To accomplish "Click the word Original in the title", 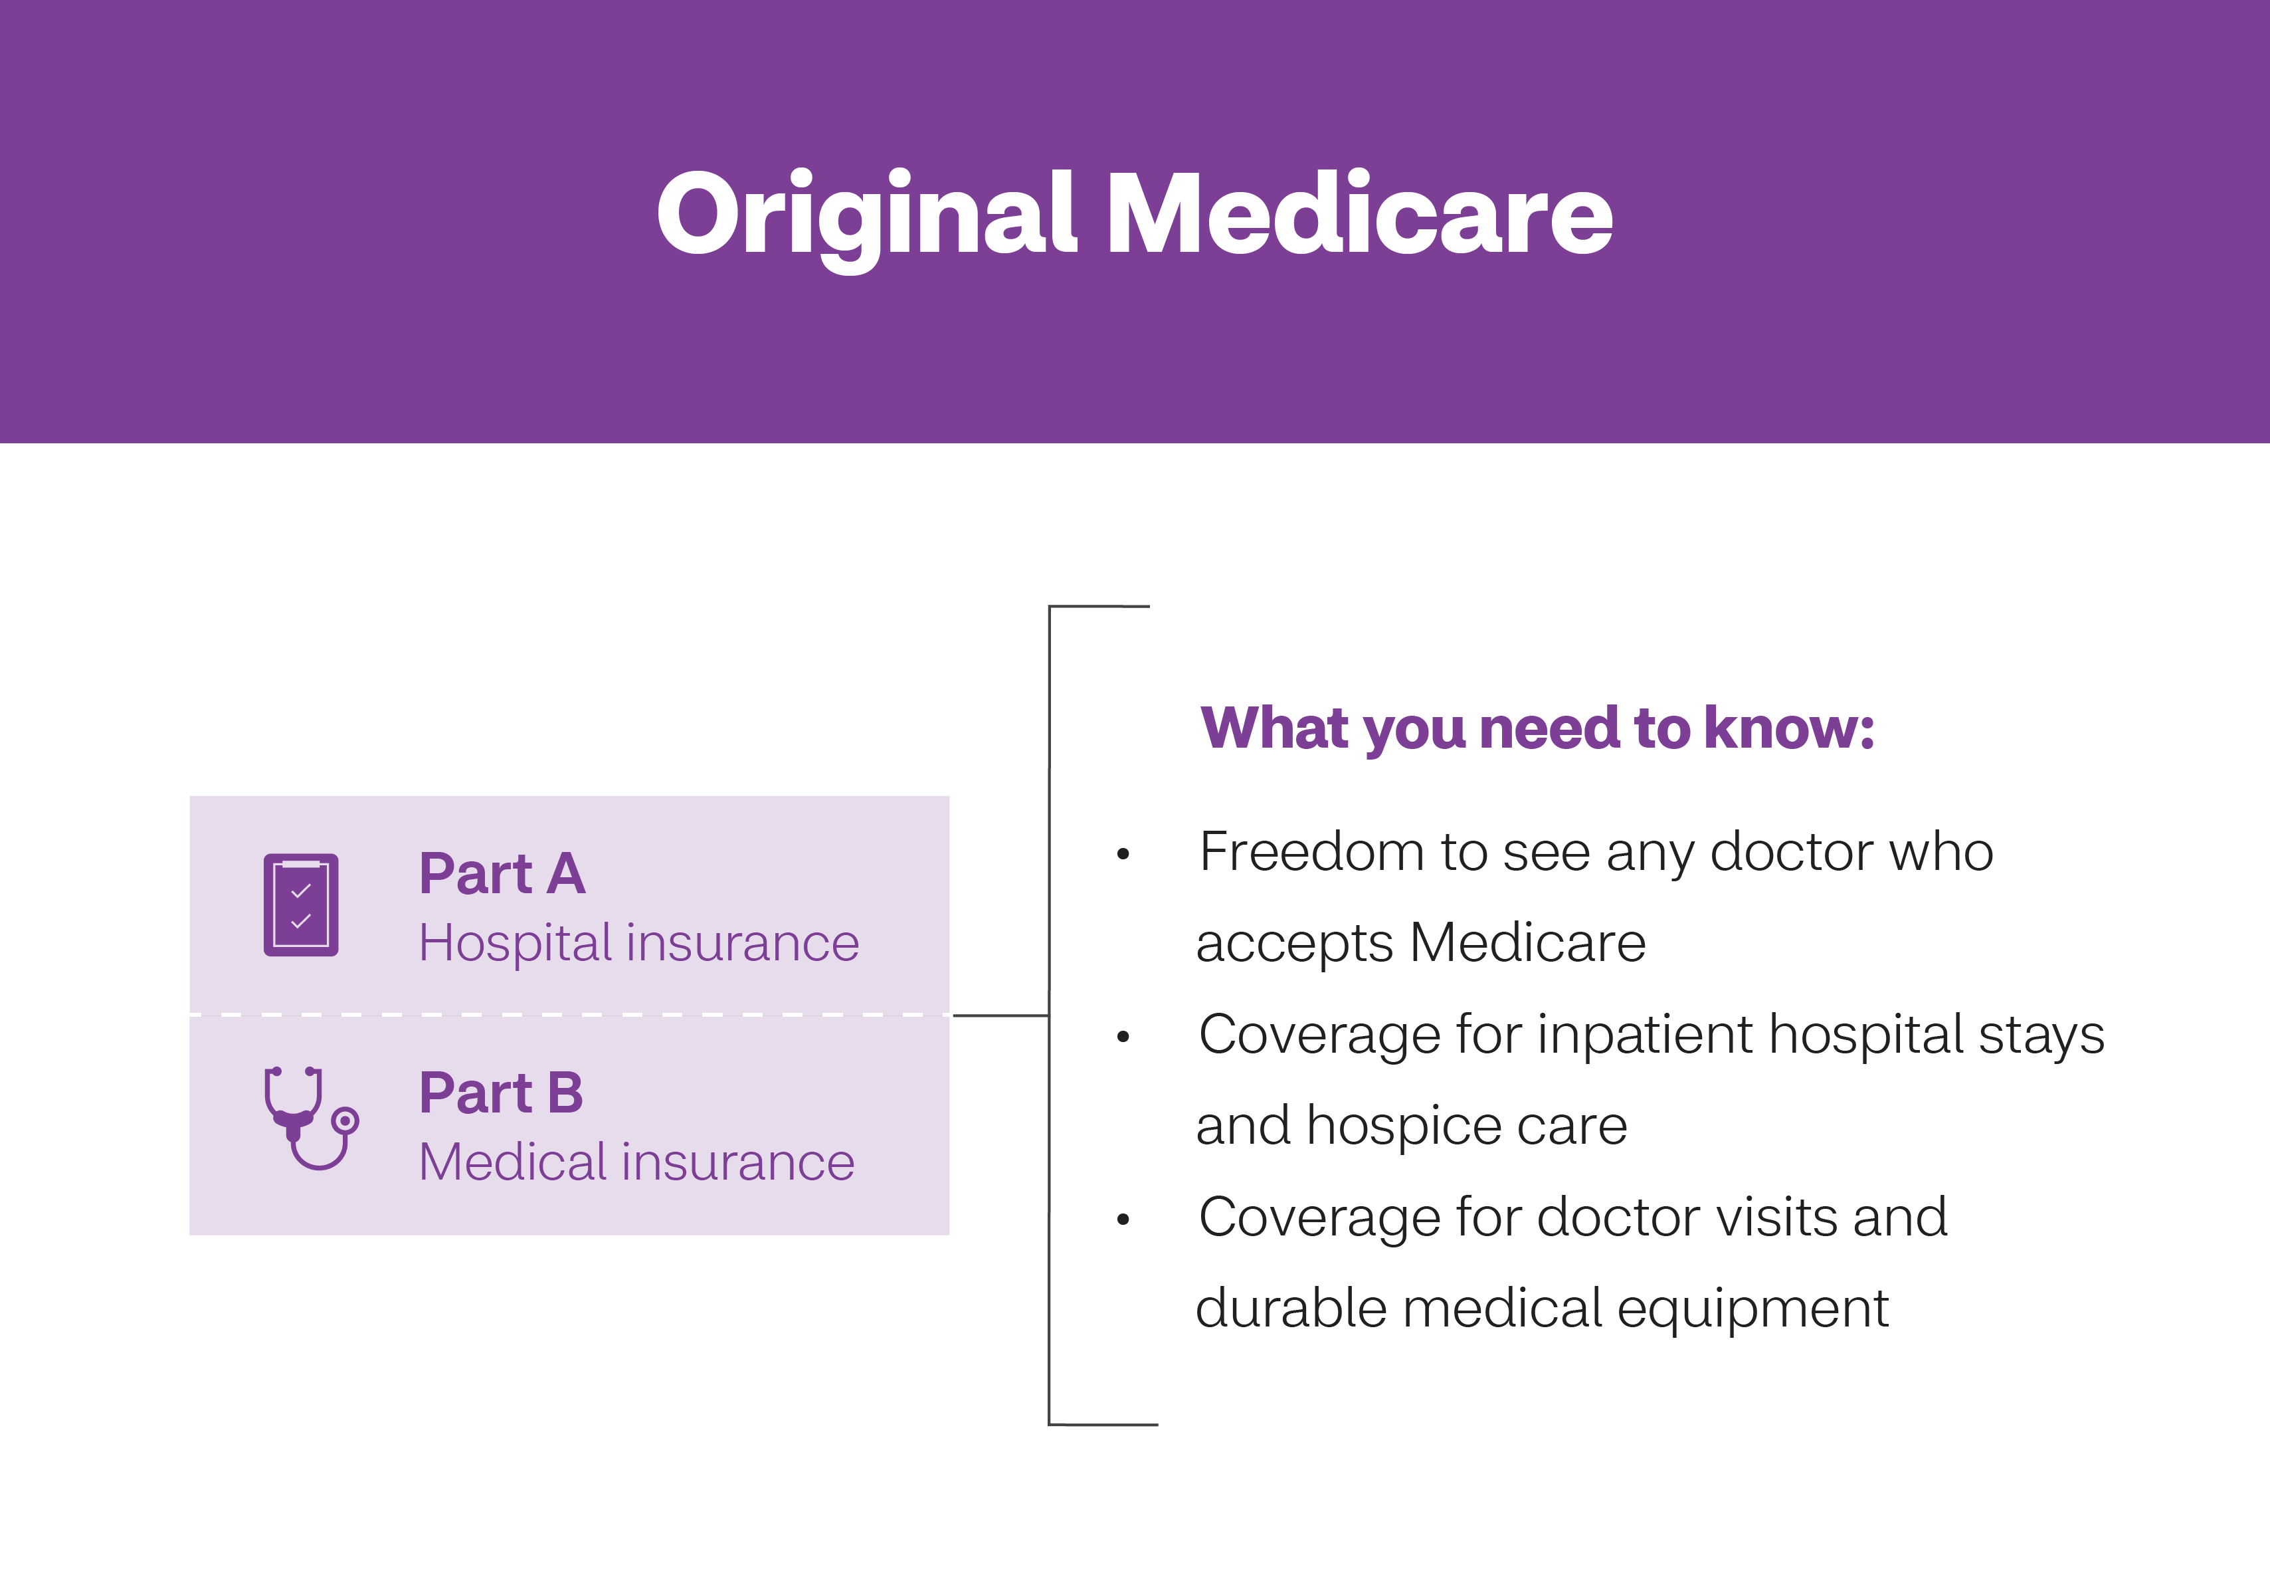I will pyautogui.click(x=865, y=213).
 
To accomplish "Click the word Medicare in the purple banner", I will pyautogui.click(x=1359, y=213).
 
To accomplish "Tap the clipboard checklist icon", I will pyautogui.click(x=300, y=904).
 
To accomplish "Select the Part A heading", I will pyautogui.click(x=502, y=874).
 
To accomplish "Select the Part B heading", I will pyautogui.click(x=502, y=1094).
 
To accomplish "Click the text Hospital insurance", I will pyautogui.click(x=638, y=943).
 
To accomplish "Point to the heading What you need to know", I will pyautogui.click(x=1537, y=729).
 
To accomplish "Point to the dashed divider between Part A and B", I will pyautogui.click(x=569, y=1015).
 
